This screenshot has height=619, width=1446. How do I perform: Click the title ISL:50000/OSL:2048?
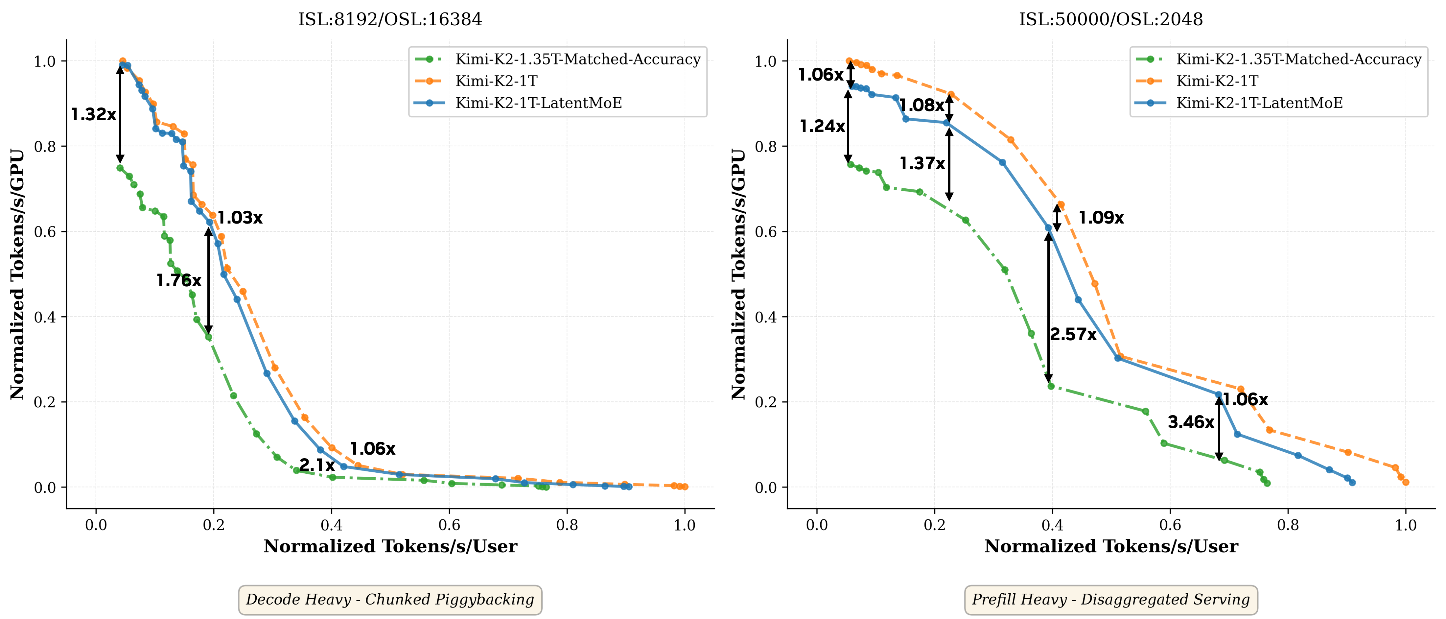(x=1111, y=20)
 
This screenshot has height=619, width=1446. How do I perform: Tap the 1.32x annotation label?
(x=94, y=115)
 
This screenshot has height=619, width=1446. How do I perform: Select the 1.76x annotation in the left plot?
(x=178, y=280)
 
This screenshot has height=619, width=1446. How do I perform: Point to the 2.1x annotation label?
(x=317, y=465)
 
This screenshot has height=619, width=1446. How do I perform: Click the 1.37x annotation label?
(x=922, y=163)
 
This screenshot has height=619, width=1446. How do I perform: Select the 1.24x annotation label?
(x=822, y=126)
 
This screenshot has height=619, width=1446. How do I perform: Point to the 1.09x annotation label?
(x=1101, y=218)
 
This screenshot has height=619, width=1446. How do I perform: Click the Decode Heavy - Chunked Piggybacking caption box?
(x=390, y=600)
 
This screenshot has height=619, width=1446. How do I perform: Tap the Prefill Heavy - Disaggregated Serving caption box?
(x=1111, y=600)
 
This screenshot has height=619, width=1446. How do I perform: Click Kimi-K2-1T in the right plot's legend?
(x=1217, y=82)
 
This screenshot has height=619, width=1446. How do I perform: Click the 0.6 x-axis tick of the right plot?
(x=1170, y=525)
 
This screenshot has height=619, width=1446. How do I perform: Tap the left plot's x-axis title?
(x=390, y=547)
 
